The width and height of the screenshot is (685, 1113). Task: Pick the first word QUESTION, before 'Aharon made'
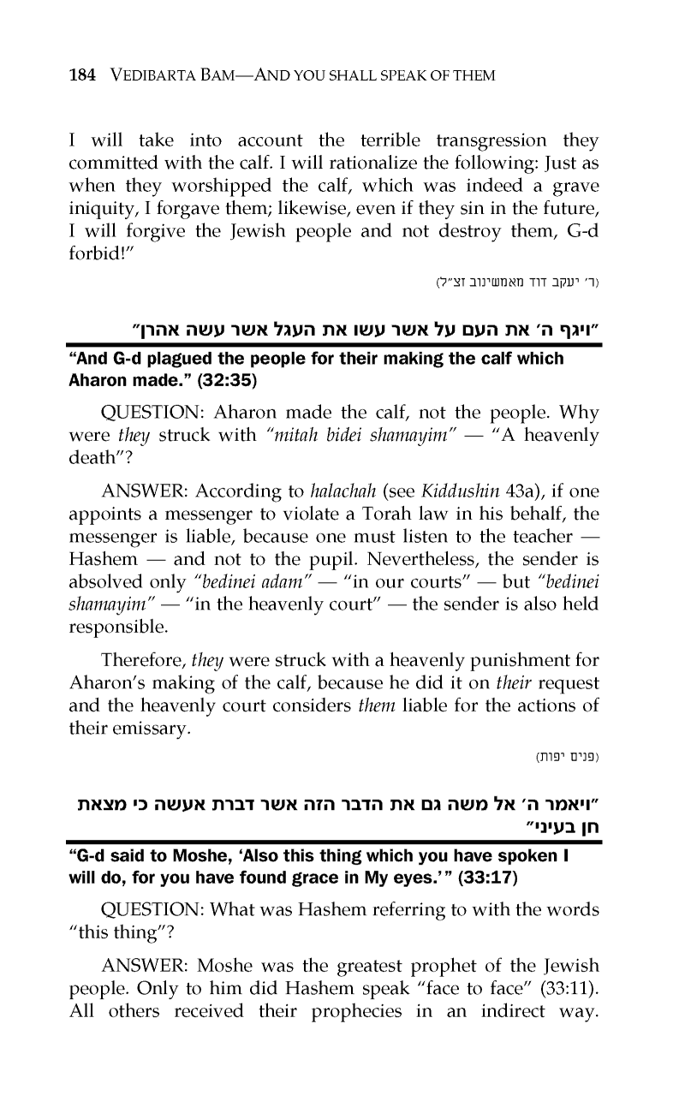coord(149,408)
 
